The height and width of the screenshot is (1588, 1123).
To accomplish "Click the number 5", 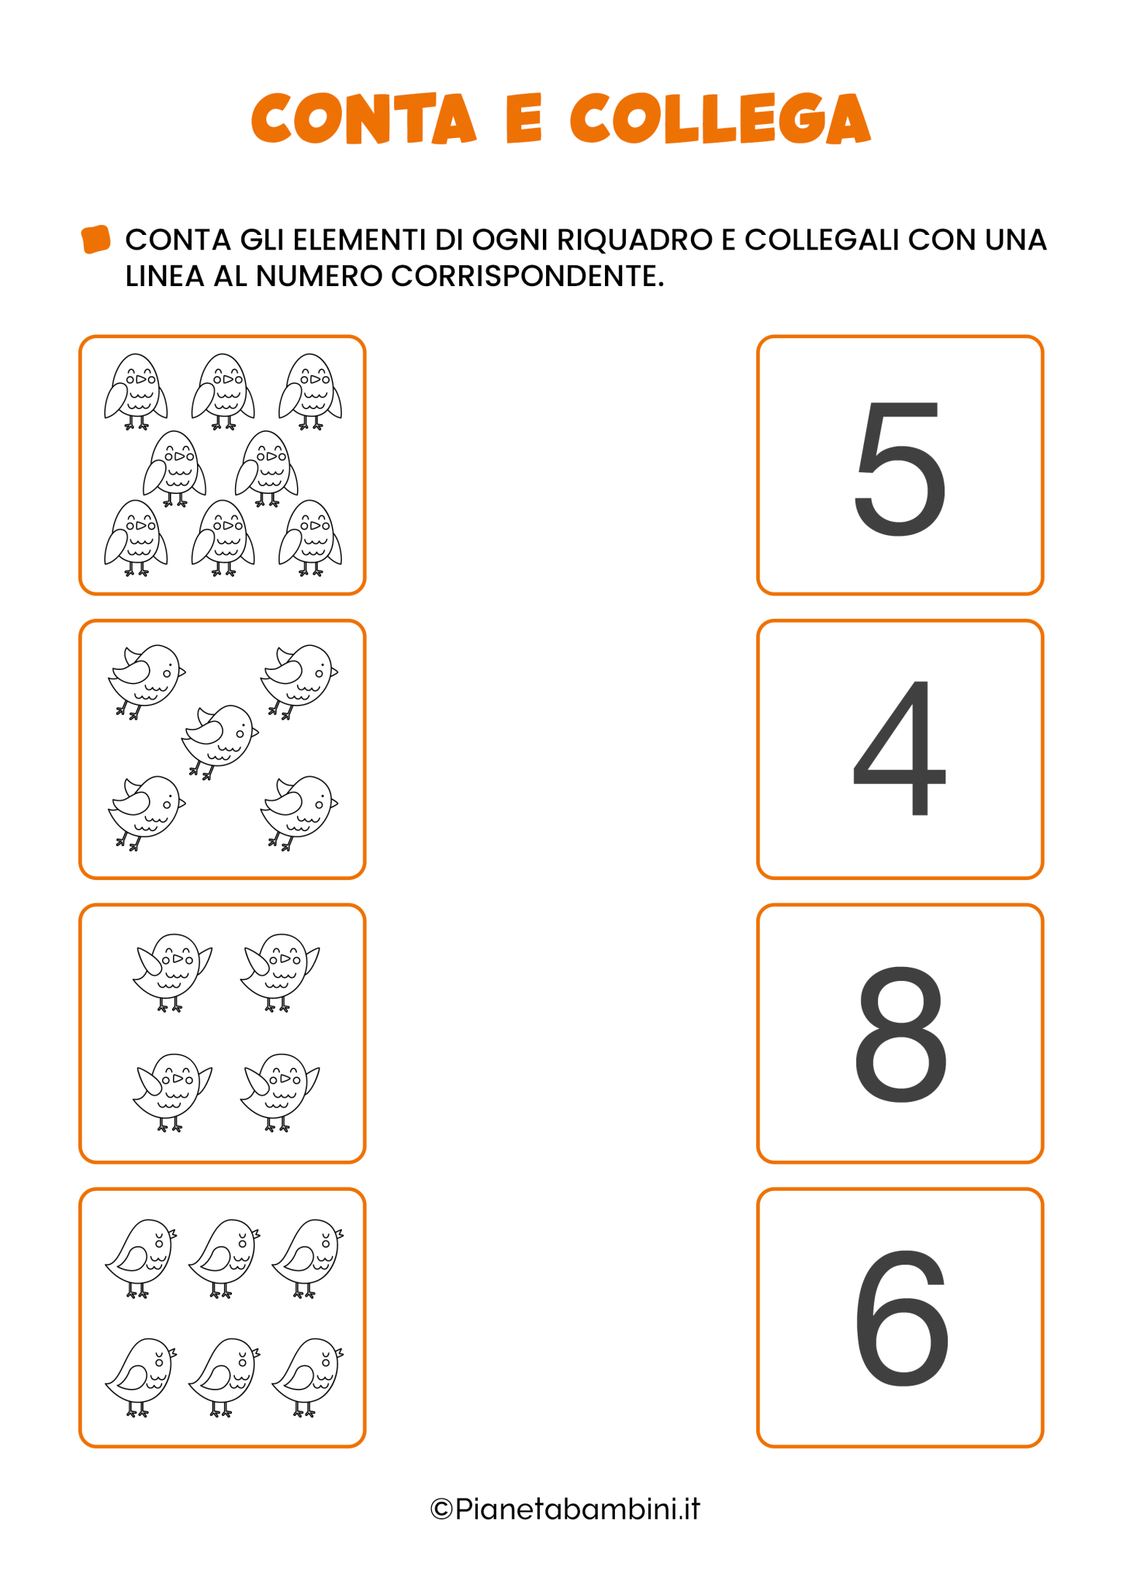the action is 900,468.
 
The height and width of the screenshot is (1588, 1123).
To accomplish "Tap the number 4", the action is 900,747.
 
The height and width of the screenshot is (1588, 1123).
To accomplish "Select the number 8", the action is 900,1034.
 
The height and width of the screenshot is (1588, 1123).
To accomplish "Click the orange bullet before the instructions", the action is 95,240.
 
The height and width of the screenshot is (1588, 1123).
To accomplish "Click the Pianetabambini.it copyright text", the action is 565,1509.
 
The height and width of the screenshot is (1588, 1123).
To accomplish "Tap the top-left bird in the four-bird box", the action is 172,972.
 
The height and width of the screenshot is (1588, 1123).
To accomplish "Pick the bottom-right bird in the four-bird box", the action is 279,1092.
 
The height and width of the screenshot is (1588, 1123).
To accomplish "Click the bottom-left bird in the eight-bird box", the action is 136,537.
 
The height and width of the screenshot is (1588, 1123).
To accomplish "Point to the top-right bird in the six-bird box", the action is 307,1258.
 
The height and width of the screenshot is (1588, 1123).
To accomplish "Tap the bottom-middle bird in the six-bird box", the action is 224,1377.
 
